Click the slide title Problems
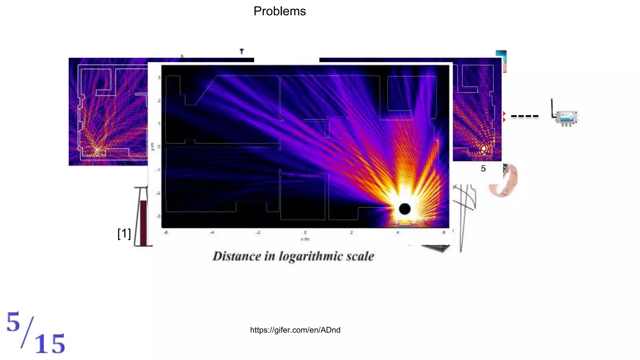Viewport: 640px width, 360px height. pos(279,11)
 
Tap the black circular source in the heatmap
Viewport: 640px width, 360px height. pos(405,209)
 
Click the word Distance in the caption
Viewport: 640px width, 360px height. pos(237,256)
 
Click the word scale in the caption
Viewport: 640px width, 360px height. pos(360,256)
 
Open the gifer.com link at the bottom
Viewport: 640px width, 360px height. pos(295,330)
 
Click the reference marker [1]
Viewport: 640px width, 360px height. pos(124,233)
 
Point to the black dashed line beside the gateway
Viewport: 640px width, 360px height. pos(524,116)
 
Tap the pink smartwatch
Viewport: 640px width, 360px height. pos(504,180)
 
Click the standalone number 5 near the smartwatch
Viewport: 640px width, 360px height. pos(483,169)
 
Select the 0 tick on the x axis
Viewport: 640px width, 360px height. pos(305,232)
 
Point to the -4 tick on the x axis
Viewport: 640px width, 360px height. pos(212,232)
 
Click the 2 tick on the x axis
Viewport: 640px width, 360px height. pos(351,232)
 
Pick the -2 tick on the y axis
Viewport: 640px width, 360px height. pos(158,193)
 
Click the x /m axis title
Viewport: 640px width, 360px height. pos(305,239)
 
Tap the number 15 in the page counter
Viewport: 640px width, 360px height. pos(50,344)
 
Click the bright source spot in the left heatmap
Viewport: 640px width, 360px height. pos(97,150)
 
